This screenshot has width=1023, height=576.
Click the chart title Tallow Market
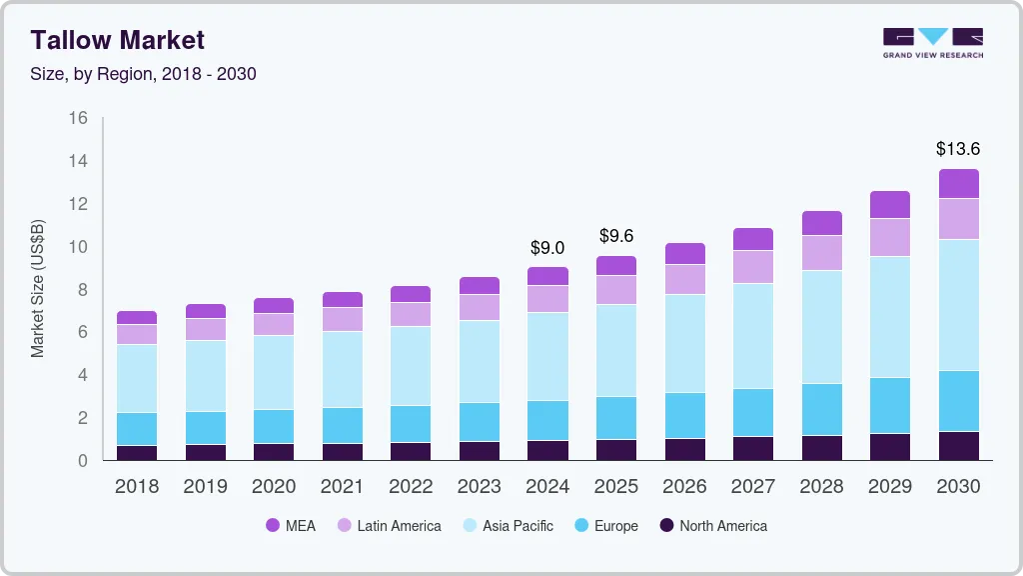click(x=118, y=40)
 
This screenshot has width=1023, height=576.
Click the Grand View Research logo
click(x=932, y=43)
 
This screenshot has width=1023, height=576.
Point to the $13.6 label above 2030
click(x=958, y=149)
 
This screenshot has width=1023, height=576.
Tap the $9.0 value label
click(x=547, y=247)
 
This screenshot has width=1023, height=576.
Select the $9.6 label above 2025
click(x=616, y=236)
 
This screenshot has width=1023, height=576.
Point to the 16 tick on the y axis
click(x=78, y=118)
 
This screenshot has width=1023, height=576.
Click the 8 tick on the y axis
click(x=83, y=290)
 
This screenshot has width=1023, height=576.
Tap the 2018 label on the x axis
click(x=136, y=487)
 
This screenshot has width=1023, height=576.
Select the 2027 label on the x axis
click(x=752, y=487)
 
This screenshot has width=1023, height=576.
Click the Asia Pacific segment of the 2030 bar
click(x=958, y=305)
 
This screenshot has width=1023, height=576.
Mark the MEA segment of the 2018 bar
click(x=136, y=318)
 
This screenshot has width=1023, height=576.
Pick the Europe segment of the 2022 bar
click(x=411, y=424)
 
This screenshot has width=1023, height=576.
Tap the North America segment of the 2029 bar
click(x=890, y=447)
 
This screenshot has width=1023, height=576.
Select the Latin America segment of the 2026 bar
click(x=684, y=279)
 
